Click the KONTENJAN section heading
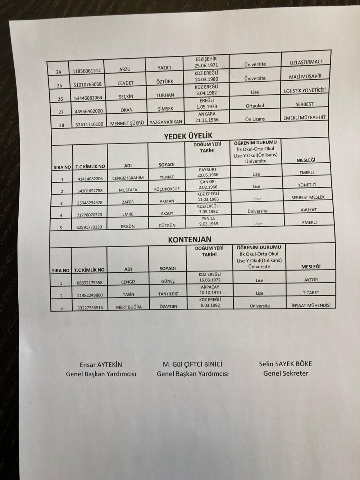pos(190,239)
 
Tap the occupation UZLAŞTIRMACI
pos(305,63)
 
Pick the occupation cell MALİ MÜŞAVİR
pos(305,76)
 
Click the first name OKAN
pos(127,110)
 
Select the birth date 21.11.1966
pos(206,120)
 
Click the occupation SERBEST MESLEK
pos(308,197)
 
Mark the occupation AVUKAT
pos(308,210)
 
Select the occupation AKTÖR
pos(311,280)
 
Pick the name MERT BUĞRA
pos(128,307)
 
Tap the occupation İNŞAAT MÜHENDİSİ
pos(311,305)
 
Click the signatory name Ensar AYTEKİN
pos(101,364)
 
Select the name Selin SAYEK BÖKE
pos(286,363)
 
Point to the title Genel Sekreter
pos(286,373)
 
